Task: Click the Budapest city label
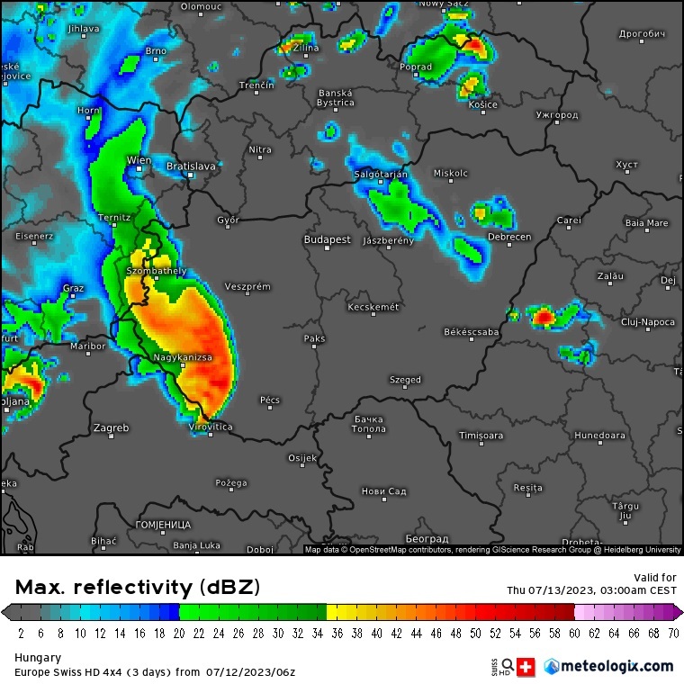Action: [x=327, y=240]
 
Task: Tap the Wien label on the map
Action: [x=139, y=160]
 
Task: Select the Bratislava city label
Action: [x=191, y=166]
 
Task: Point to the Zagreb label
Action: [x=111, y=427]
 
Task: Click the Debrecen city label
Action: [x=509, y=237]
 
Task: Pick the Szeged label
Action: [x=405, y=380]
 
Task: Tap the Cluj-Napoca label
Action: [x=647, y=321]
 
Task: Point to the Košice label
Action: [x=483, y=104]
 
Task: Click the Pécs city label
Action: [x=270, y=400]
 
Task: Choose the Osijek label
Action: [x=302, y=458]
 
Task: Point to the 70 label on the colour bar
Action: [x=672, y=634]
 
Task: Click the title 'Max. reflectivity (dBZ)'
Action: [x=138, y=588]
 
